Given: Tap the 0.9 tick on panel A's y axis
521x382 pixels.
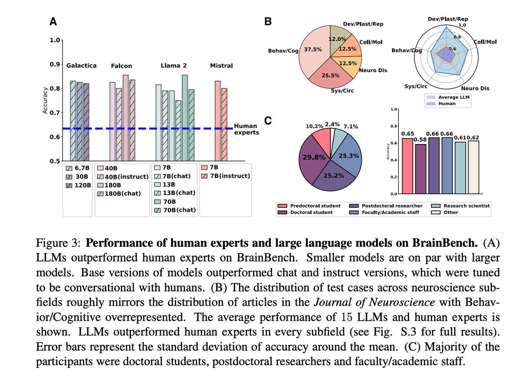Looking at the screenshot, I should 55,64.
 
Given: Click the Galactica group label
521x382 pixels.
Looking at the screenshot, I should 81,65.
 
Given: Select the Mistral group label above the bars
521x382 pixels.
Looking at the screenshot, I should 221,65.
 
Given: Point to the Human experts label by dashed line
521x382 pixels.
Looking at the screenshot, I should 246,129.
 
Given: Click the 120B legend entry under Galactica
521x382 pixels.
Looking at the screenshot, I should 79,185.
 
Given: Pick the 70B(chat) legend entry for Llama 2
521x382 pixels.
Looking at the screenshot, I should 175,210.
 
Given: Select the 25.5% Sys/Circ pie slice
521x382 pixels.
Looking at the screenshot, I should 330,75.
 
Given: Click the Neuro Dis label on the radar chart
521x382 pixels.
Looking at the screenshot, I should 476,88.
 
